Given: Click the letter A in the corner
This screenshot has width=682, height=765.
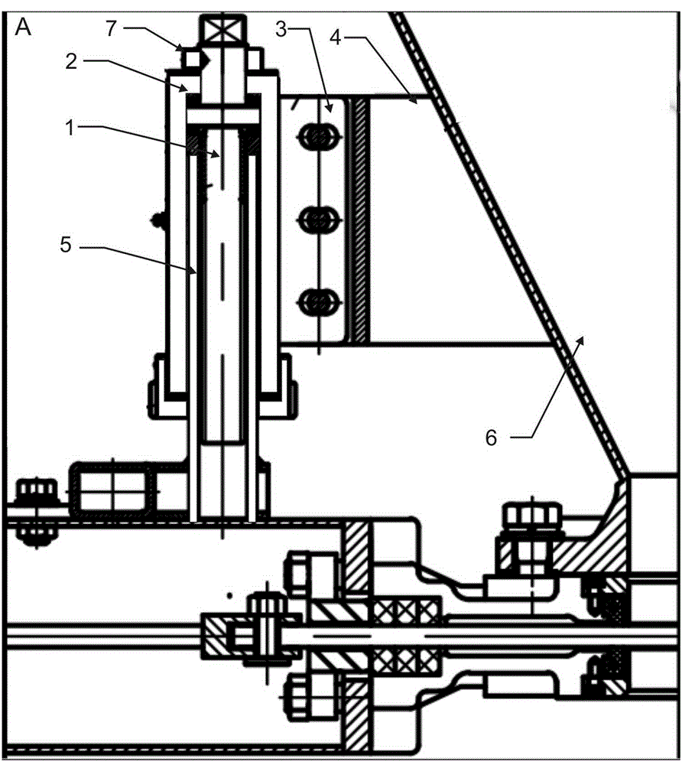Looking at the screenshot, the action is point(23,28).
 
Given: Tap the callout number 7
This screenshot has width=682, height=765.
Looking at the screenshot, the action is point(112,28).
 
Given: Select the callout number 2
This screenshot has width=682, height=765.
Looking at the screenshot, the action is point(71,61).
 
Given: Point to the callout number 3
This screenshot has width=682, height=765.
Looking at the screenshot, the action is point(281,29).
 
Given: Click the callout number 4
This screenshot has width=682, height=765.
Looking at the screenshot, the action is point(336,37).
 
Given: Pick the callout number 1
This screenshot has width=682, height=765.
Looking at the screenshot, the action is point(70,128).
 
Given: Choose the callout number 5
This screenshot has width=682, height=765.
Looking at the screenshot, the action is point(65,245).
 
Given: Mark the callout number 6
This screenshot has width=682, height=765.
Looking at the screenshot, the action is point(492,438).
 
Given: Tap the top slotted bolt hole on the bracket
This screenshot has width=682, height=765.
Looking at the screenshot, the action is point(318,135).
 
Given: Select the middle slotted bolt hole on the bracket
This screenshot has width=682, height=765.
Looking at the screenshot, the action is point(318,218).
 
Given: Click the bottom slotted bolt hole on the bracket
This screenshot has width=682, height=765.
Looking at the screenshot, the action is point(318,301).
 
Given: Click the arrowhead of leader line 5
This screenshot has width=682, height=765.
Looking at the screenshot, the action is point(194,271).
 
